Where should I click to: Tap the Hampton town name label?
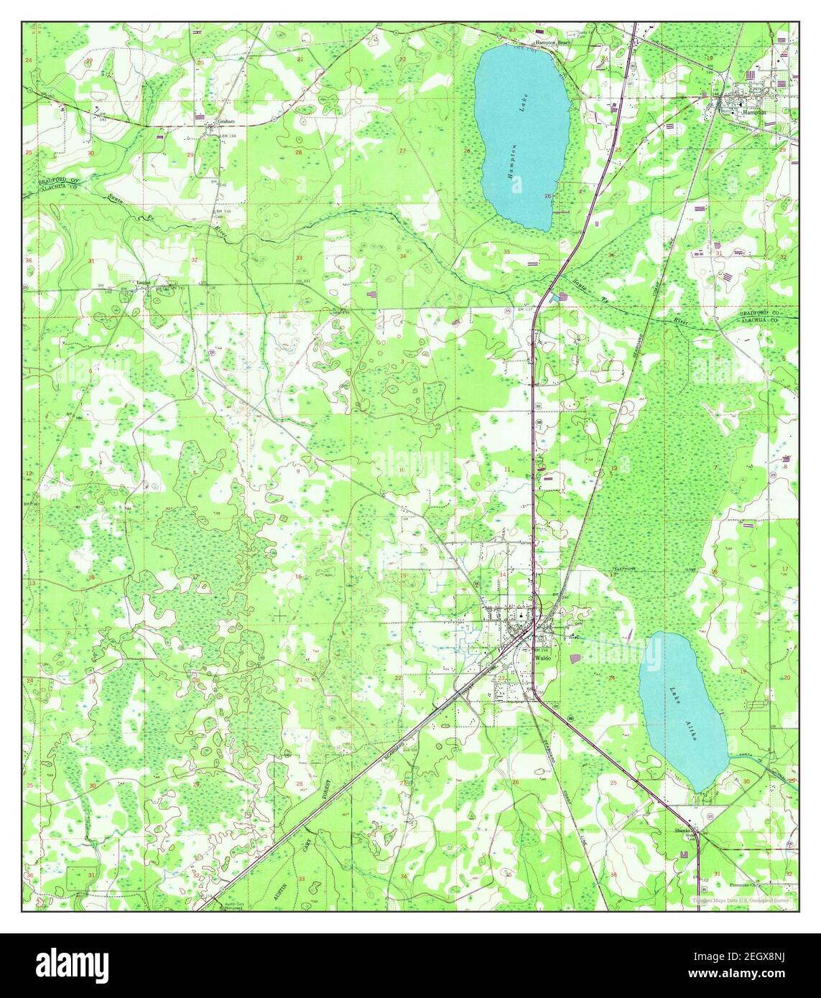754,113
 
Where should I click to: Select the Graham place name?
227,121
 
